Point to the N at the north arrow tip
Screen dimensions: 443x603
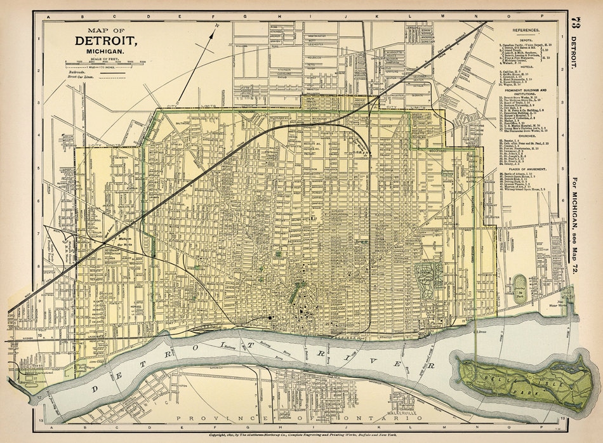point(217,25)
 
